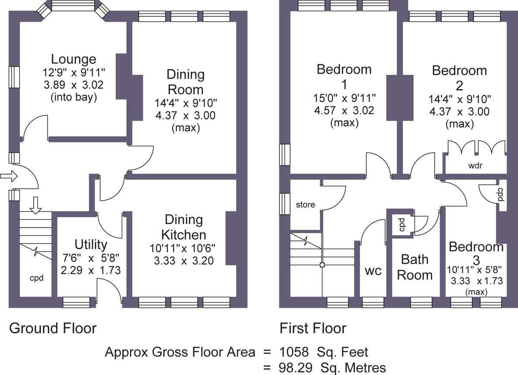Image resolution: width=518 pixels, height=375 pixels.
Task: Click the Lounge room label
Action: coord(73,59)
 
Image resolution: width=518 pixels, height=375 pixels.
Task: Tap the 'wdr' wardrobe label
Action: coord(475,166)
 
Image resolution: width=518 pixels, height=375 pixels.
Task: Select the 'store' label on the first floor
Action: coord(306,205)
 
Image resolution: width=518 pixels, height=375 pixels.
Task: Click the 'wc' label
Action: coord(373,271)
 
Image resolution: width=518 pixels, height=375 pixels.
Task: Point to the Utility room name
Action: coord(91,244)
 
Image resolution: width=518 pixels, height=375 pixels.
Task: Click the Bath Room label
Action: coord(415,267)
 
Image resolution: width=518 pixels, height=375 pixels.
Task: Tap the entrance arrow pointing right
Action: coord(9,176)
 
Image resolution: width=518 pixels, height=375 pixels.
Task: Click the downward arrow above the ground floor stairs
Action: coord(35,205)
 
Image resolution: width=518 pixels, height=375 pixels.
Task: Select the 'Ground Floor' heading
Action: coord(53,328)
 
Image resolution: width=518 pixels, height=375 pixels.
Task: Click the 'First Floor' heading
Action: coord(313,328)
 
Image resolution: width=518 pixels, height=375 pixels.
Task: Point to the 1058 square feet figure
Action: coord(323,352)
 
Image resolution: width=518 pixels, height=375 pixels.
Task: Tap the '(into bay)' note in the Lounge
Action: coord(73,97)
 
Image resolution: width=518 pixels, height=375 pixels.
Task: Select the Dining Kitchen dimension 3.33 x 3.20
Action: coord(183,261)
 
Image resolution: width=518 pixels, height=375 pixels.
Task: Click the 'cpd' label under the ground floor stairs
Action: coord(37,278)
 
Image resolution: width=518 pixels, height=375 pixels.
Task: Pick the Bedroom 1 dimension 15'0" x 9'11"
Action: coord(344,98)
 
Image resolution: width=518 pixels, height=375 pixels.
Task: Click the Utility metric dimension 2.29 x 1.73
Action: coord(91,270)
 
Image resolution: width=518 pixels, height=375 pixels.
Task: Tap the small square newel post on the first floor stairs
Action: coord(322,265)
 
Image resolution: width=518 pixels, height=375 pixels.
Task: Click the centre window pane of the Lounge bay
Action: coord(73,5)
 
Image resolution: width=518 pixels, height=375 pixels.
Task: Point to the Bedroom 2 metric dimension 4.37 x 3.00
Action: coord(459,112)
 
